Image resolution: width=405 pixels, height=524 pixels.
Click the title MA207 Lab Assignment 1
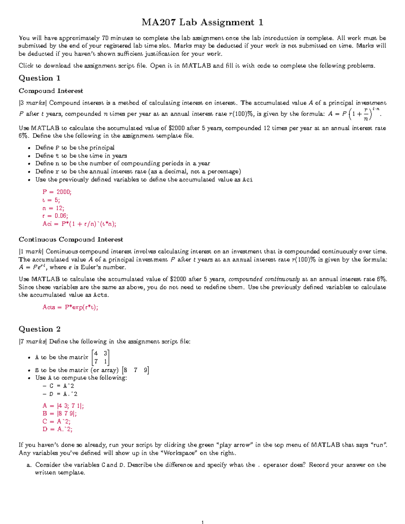click(x=202, y=22)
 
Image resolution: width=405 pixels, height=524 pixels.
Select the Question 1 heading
click(x=39, y=78)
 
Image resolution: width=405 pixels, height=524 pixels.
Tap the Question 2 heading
click(x=39, y=329)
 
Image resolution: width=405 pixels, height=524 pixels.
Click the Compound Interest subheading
click(x=51, y=91)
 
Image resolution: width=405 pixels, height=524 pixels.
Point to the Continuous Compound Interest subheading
click(x=71, y=239)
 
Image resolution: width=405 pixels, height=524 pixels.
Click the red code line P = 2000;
click(x=57, y=192)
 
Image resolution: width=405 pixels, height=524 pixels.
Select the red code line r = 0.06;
click(x=55, y=216)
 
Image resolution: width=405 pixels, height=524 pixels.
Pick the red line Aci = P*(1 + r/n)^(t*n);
click(x=79, y=224)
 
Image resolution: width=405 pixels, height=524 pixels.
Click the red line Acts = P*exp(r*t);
click(x=70, y=307)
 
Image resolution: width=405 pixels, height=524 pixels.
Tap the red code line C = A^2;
click(x=56, y=421)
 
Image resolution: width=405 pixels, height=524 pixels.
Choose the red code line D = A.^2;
click(x=57, y=429)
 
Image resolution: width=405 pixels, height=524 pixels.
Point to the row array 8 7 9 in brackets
click(x=135, y=370)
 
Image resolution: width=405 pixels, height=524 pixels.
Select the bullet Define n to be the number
click(x=123, y=163)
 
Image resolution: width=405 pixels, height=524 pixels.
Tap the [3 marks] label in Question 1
click(x=33, y=103)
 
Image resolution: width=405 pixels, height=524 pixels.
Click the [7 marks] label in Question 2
click(x=33, y=341)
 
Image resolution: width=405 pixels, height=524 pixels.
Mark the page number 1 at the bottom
click(x=202, y=522)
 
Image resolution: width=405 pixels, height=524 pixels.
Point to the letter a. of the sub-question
click(x=29, y=465)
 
